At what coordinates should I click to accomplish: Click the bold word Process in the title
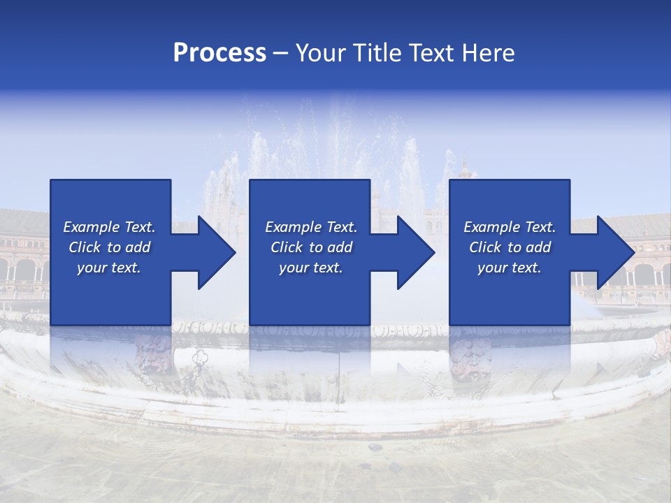click(219, 53)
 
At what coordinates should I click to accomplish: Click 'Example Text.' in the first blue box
click(109, 227)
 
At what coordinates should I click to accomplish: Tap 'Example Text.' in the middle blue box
click(311, 227)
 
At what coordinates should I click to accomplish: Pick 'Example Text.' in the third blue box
click(510, 227)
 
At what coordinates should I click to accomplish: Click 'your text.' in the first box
click(109, 268)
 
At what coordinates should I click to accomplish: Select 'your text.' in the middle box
click(311, 268)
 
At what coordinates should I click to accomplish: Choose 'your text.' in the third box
click(510, 268)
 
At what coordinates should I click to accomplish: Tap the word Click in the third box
click(486, 247)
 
